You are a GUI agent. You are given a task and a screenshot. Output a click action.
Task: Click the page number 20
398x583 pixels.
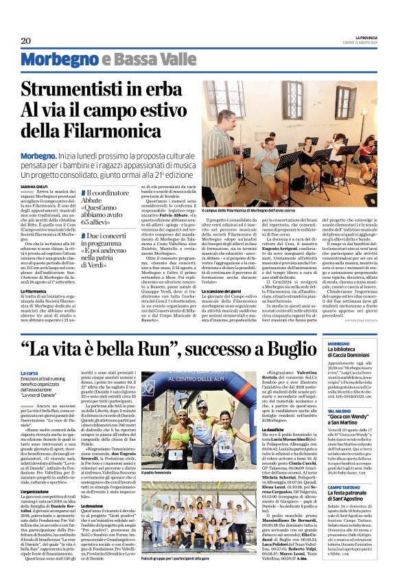coord(26,41)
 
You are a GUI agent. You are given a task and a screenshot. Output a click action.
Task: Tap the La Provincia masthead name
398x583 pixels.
coord(365,36)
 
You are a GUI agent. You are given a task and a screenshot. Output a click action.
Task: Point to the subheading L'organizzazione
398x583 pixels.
coord(35,472)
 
